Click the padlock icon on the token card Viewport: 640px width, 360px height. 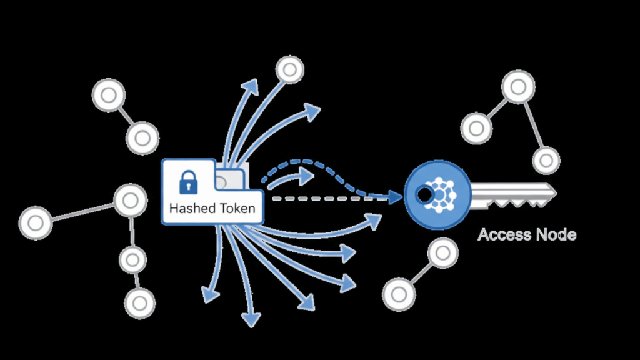point(188,182)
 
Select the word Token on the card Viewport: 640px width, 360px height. point(236,209)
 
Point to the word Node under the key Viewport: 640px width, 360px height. point(556,235)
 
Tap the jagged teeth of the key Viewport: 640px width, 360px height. point(522,201)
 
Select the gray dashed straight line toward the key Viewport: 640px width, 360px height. point(325,198)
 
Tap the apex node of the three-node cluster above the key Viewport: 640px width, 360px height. point(518,87)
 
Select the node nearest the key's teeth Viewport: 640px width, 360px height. point(546,160)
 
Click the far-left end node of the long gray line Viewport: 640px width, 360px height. point(35,222)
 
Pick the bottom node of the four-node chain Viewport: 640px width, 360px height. point(139,302)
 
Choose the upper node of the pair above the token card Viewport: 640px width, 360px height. point(108,96)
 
